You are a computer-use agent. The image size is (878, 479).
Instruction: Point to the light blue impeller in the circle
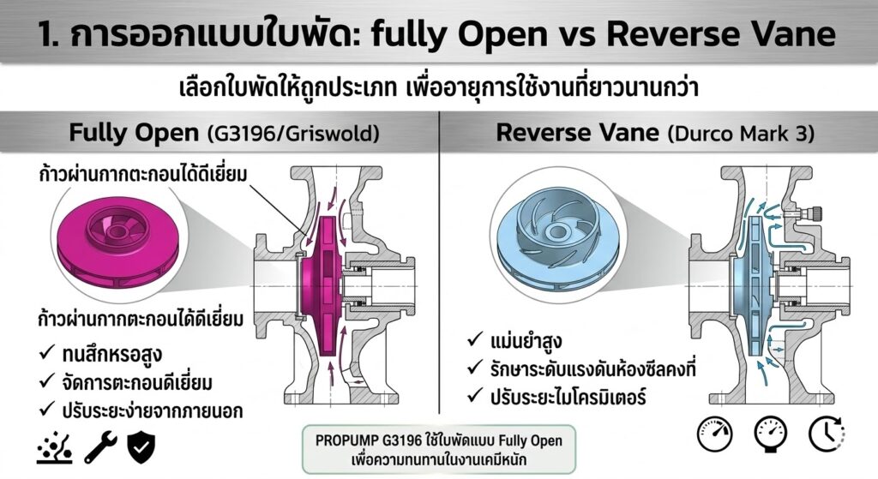pyautogui.click(x=552, y=228)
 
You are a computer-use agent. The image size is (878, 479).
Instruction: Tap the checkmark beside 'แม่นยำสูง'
pyautogui.click(x=474, y=342)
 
